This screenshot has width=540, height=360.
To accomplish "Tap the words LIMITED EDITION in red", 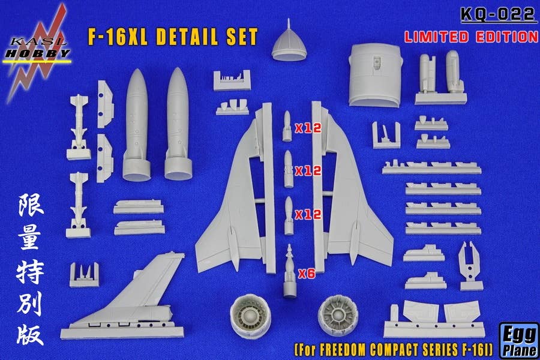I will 470,36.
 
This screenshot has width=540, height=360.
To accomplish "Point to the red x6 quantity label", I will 307,273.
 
